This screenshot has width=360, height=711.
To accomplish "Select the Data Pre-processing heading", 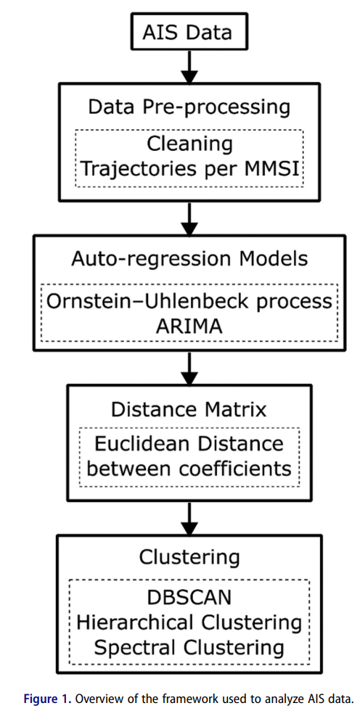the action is click(x=188, y=107).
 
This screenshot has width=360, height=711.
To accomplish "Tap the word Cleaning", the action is click(x=189, y=144).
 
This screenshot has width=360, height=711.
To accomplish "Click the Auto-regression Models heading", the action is click(x=189, y=259).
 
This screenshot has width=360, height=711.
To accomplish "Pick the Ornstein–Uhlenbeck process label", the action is click(x=189, y=302).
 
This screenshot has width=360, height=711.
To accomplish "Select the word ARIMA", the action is click(x=189, y=326).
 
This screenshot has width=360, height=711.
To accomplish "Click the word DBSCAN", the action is click(x=189, y=597).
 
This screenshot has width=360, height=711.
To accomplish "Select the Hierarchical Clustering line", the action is click(x=189, y=622).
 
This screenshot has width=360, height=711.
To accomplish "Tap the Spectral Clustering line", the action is click(x=189, y=647).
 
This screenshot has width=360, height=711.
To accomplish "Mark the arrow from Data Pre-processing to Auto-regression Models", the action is click(x=189, y=217).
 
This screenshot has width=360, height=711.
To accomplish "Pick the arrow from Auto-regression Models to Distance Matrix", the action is click(x=189, y=369).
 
